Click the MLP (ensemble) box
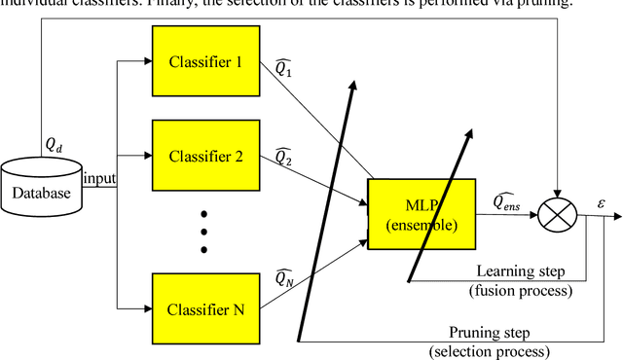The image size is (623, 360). coord(421,206)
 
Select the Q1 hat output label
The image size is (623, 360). coord(284,70)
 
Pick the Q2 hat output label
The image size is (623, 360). coord(284,156)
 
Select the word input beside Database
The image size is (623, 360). coord(99,178)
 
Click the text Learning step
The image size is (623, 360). coord(514,270)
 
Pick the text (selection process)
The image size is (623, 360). coord(490,350)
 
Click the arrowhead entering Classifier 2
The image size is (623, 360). coord(147,156)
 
